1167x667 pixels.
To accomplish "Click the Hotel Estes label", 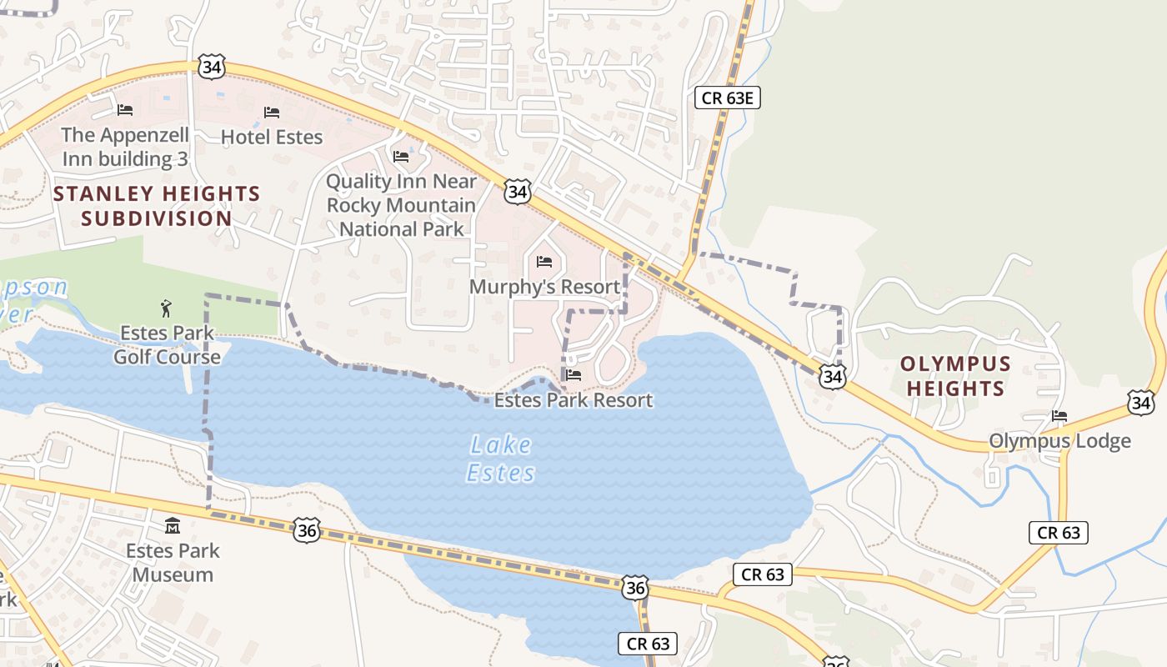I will pos(272,137).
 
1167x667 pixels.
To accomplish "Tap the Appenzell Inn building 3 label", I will pos(125,147).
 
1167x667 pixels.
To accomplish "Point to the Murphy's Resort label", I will pos(544,287).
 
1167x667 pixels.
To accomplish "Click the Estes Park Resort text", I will pos(573,400).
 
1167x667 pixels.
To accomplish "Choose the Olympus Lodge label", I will pos(1059,440).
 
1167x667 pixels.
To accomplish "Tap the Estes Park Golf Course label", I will pos(167,345).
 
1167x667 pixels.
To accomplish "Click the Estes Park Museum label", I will pos(173,562).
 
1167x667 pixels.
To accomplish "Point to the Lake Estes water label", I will pos(500,459).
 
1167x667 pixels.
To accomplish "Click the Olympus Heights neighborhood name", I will pos(955,376).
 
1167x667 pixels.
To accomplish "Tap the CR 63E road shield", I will pos(728,98).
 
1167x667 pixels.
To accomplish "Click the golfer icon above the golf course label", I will pos(167,308).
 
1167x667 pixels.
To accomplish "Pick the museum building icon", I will pos(173,525).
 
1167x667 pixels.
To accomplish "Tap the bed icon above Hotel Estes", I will pos(272,112).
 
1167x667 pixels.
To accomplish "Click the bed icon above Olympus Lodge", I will pos(1059,415).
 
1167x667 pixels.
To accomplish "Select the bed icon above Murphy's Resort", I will pos(544,262).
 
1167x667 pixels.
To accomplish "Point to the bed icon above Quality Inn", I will pos(401,156).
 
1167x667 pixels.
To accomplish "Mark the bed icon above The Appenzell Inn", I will pos(125,109).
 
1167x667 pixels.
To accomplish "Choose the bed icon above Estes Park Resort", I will pos(573,375).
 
